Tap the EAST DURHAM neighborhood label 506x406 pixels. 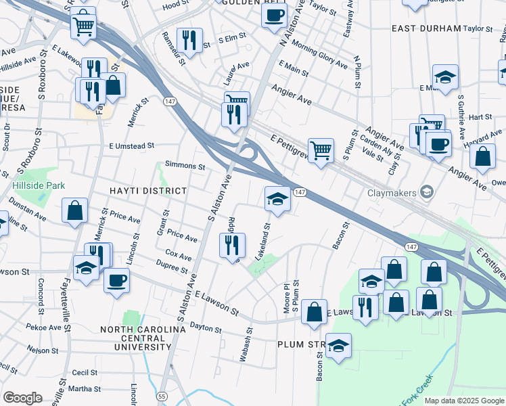(427, 28)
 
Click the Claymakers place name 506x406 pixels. (392, 193)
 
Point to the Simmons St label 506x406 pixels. (185, 166)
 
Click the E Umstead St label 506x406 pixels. (132, 145)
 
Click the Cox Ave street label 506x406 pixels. (178, 256)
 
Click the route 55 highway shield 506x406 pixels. (161, 395)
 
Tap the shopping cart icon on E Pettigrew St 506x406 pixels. (321, 150)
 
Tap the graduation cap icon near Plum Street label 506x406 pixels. (339, 346)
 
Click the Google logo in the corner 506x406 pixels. (22, 397)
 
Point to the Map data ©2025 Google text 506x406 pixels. (463, 401)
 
